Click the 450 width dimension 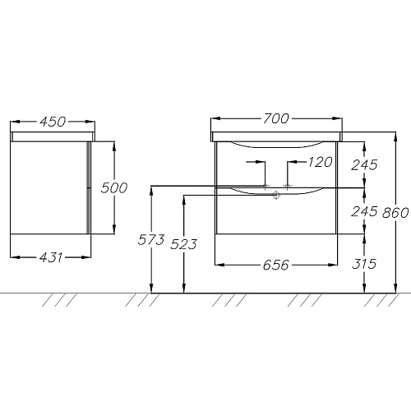(x=53, y=122)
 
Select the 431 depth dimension (x=51, y=257)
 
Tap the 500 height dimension (x=114, y=188)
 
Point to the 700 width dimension (x=276, y=118)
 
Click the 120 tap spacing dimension (x=320, y=162)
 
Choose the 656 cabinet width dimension (x=276, y=265)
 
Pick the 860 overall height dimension (x=395, y=213)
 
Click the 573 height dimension (x=151, y=239)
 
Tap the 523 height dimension (x=183, y=244)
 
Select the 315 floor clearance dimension (x=364, y=264)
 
